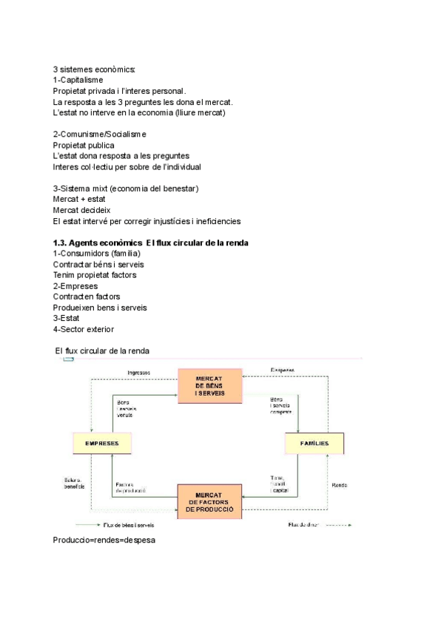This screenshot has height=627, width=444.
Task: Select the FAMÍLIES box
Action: click(x=314, y=444)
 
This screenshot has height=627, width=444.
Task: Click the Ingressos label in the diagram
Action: click(x=139, y=372)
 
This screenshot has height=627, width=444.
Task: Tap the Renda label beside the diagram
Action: click(x=340, y=485)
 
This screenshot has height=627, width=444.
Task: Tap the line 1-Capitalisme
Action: click(x=78, y=79)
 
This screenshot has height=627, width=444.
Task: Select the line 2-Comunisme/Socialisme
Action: click(x=100, y=134)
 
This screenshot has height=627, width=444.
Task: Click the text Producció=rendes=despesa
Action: click(x=104, y=540)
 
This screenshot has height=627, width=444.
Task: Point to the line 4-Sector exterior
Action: click(x=84, y=329)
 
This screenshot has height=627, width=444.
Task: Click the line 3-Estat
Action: click(x=67, y=318)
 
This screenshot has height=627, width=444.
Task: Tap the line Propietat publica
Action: click(x=84, y=145)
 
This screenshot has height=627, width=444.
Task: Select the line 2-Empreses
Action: click(x=75, y=286)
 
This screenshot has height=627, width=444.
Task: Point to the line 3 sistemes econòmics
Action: click(x=93, y=69)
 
